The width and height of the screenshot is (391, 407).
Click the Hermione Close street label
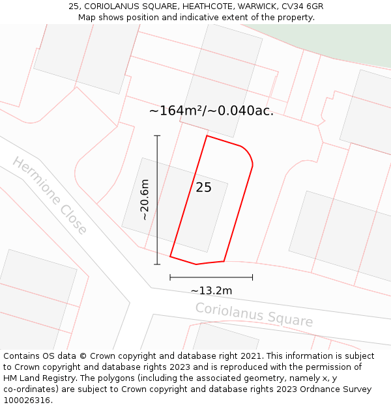[x=50, y=195]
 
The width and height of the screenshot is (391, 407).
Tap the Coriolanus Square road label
[x=254, y=315]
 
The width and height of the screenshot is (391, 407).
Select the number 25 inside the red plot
[x=203, y=188]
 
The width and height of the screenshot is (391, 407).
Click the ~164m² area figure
[x=177, y=111]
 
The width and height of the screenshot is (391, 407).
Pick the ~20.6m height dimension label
[x=145, y=199]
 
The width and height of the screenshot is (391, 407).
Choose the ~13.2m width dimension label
[x=211, y=290]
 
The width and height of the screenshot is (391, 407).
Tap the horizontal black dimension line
[x=211, y=277]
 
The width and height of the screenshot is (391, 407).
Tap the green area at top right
[x=352, y=42]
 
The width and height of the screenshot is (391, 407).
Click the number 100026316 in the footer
[x=27, y=400]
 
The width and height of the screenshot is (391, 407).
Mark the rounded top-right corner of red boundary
[x=247, y=153]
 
